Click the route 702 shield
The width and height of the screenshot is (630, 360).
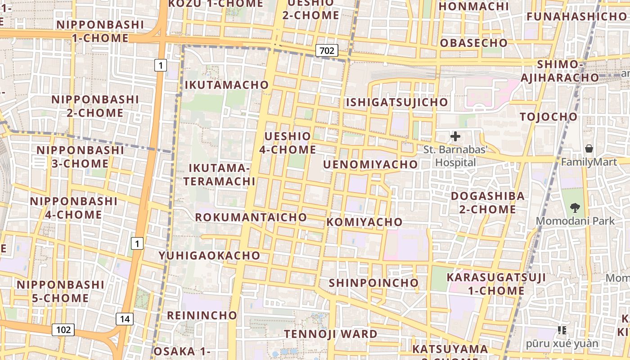pos(327,50)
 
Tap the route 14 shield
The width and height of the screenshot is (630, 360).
pos(125,319)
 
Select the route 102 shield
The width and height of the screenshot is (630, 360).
pos(63,330)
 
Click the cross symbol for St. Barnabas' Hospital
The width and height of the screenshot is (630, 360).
pos(455,136)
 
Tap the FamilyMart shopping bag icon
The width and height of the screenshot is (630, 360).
pos(589,148)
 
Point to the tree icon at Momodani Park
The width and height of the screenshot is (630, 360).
pos(575,207)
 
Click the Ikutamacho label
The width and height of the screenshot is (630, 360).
pos(226,85)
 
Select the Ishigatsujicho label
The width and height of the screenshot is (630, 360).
pos(397,102)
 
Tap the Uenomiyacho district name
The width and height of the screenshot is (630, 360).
pos(370,165)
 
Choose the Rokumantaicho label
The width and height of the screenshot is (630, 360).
pos(251,217)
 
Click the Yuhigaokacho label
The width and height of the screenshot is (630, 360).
pos(209,256)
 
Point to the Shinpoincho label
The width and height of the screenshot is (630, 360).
pos(373,283)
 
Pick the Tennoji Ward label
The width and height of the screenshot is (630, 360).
pos(330,334)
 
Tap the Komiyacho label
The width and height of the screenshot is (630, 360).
pos(364,222)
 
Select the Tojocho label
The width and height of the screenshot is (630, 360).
pos(548,117)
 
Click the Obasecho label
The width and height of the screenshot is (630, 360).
pos(473,43)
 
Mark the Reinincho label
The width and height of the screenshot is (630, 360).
pos(202,315)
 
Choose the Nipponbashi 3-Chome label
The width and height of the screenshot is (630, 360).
pos(80,157)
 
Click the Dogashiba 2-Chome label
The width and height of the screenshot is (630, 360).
pos(488,202)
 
